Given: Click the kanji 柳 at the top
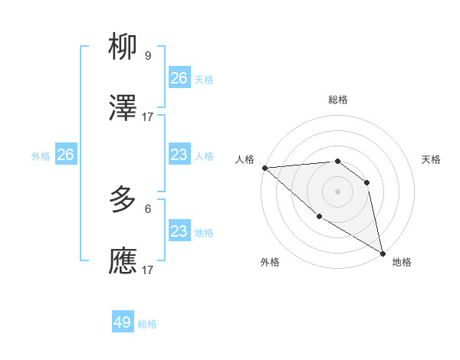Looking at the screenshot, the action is pos(123,48).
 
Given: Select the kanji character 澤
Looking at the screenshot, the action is pos(123,108).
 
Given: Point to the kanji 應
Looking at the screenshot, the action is pos(123,260).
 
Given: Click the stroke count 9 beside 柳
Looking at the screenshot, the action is pos(147,56).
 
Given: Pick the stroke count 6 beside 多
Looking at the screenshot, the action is pos(147,208).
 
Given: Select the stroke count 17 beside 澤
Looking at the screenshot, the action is pos(147,116).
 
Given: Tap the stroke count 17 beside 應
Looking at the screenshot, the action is pos(147,270).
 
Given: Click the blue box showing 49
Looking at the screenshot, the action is pos(123,322).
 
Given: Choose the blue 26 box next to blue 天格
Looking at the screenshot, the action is pos(179,78).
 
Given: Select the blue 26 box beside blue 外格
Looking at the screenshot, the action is pos(65,155).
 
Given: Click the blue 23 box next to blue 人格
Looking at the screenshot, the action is pos(179,155).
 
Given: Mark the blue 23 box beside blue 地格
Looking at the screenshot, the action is pos(179,231).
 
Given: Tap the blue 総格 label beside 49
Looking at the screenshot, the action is pos(147,324).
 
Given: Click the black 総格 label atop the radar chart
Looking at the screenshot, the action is pos(337,100).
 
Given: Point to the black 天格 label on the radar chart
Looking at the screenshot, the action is pos(431,159).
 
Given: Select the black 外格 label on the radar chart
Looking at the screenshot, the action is pos(270,262).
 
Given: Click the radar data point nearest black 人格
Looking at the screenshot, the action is pos(264,168).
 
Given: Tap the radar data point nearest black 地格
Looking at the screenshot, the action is pos(383,253).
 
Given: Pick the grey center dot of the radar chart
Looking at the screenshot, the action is pos(337,191).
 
